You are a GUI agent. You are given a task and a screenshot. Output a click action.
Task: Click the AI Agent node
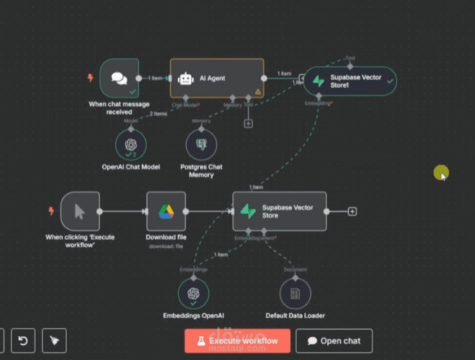coord(217,78)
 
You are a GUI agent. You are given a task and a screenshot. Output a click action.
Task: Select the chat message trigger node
coord(118,78)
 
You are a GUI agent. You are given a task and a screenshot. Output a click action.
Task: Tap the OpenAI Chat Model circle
coord(131,144)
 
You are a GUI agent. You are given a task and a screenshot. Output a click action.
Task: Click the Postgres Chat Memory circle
coord(201,144)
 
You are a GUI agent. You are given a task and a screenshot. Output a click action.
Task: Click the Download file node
coord(166,211)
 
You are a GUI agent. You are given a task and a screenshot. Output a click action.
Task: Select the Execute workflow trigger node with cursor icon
coord(80,211)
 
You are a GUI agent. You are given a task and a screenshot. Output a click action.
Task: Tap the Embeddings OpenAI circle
coord(193,292)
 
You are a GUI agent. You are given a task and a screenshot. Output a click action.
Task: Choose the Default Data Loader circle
coord(295,292)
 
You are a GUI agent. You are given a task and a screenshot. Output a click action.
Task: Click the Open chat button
coord(334,341)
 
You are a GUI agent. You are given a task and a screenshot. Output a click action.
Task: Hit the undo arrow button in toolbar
coord(22,341)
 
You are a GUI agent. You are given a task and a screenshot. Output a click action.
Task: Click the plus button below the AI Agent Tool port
coord(248,124)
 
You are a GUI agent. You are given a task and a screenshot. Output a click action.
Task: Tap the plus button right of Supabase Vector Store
coord(352,211)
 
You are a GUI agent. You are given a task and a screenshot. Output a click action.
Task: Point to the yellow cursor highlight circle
coord(441,172)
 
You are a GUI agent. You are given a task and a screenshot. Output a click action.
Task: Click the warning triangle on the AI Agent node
coord(258,91)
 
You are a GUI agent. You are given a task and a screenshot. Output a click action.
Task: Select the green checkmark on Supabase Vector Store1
coord(390,81)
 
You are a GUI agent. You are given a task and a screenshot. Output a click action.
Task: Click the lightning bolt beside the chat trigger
coord(90,78)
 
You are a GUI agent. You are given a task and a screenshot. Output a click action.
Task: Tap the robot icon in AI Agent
coord(186,78)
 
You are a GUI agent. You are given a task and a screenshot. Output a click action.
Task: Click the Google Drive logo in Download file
coord(166,211)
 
